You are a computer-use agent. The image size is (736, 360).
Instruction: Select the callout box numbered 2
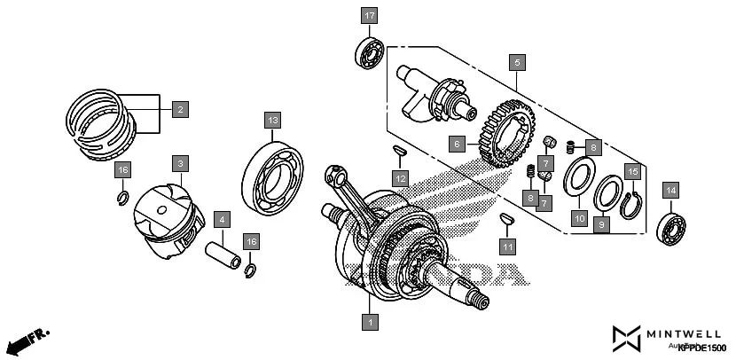point(179,110)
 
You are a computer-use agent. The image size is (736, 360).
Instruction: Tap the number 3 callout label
point(179,164)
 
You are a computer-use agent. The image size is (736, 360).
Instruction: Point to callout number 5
point(517,63)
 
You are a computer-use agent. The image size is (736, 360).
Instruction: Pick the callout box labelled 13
point(271,120)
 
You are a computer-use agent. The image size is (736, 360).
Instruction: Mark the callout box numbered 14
point(669,191)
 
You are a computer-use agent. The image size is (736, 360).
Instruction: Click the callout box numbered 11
point(506,246)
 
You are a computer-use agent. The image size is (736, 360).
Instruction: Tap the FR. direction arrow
point(27,340)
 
